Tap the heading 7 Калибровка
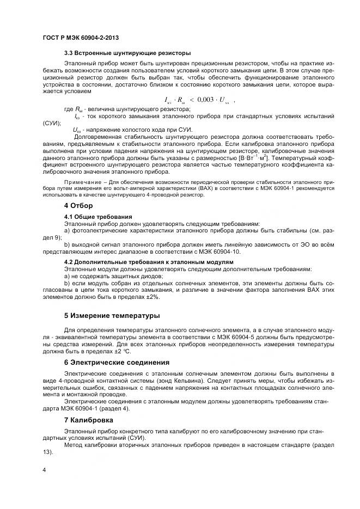(89, 420)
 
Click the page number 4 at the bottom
(44, 470)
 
